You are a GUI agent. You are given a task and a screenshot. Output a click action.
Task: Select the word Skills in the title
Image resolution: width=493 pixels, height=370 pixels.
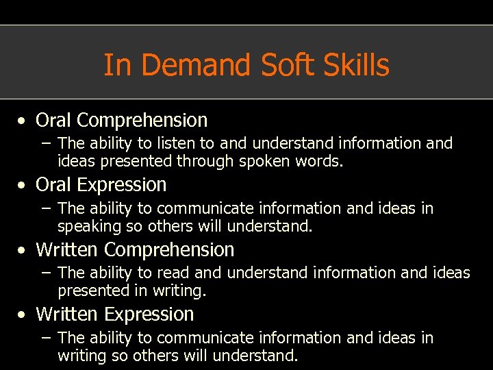tap(359, 66)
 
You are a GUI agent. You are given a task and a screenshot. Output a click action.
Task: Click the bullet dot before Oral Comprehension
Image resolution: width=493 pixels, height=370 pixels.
tap(23, 121)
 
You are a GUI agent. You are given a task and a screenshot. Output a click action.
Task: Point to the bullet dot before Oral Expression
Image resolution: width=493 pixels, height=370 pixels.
tap(23, 186)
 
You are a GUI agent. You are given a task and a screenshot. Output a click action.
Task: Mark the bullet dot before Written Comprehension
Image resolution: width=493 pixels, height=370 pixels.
tap(23, 251)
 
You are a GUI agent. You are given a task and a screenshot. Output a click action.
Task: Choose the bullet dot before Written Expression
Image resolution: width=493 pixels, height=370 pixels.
tap(23, 315)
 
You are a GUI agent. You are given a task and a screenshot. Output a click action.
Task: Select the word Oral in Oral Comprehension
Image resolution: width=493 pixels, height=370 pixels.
tap(54, 121)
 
